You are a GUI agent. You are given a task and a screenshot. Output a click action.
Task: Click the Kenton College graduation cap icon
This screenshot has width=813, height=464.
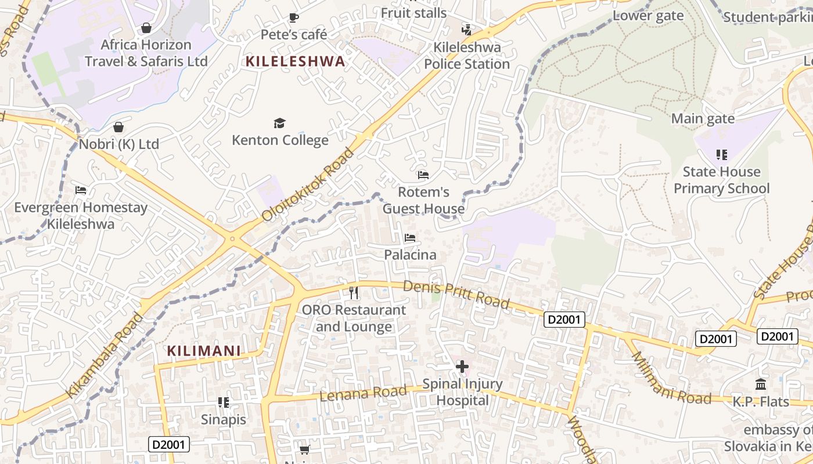click(280, 123)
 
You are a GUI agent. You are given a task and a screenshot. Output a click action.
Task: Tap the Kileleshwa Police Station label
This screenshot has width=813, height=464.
click(467, 56)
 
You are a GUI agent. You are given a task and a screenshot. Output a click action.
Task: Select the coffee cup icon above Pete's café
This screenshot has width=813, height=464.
click(294, 17)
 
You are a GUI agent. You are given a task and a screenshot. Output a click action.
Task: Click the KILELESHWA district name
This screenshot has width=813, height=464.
click(295, 61)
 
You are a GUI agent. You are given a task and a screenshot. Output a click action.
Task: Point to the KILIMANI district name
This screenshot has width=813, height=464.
click(204, 351)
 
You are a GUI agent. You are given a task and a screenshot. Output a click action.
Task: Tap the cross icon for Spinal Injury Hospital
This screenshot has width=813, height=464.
click(462, 367)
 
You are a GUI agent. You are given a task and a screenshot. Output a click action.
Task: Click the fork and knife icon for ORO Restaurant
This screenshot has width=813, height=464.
click(354, 293)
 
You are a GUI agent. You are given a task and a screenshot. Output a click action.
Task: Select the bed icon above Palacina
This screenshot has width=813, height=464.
click(410, 238)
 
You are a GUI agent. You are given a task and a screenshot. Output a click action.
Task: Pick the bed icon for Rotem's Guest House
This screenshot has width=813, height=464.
click(423, 175)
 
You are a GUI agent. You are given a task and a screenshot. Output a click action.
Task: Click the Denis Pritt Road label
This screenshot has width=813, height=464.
click(456, 295)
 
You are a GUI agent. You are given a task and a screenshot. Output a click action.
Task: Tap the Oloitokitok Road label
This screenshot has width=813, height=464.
click(308, 184)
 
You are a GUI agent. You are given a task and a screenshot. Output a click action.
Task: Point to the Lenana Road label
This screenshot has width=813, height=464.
click(363, 393)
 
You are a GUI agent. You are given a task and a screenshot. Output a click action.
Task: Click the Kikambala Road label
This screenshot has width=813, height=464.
click(105, 355)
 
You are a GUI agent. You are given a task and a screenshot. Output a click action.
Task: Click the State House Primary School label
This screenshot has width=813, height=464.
click(721, 180)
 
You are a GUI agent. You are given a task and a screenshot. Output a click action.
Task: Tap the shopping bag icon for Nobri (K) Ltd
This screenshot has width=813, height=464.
click(118, 127)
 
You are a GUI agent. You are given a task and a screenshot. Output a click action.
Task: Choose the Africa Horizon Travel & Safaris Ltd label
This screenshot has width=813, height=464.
click(146, 53)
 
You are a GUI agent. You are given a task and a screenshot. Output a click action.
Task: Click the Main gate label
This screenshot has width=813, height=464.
click(703, 119)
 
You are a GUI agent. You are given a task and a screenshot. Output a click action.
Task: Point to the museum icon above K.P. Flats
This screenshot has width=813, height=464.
click(761, 384)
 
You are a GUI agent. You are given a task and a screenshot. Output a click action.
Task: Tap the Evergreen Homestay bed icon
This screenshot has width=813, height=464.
click(81, 190)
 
